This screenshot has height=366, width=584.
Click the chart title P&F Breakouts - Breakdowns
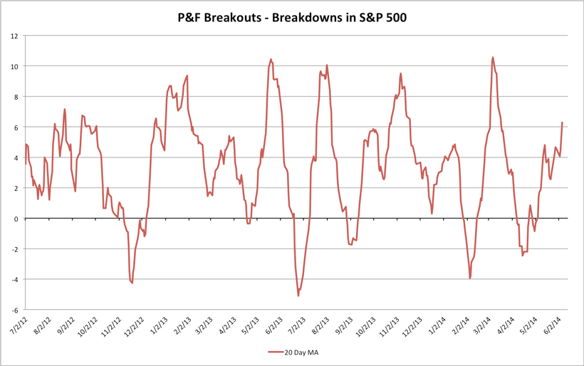[291, 16]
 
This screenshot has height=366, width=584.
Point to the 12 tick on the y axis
[15, 36]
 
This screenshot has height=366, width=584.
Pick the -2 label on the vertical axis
[14, 249]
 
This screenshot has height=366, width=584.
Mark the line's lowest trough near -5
[298, 296]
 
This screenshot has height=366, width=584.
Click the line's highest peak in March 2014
[493, 57]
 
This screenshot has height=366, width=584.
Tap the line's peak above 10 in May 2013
[271, 59]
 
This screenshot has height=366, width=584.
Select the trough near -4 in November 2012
[132, 283]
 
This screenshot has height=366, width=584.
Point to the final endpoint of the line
[563, 122]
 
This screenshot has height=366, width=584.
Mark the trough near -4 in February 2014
[470, 278]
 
